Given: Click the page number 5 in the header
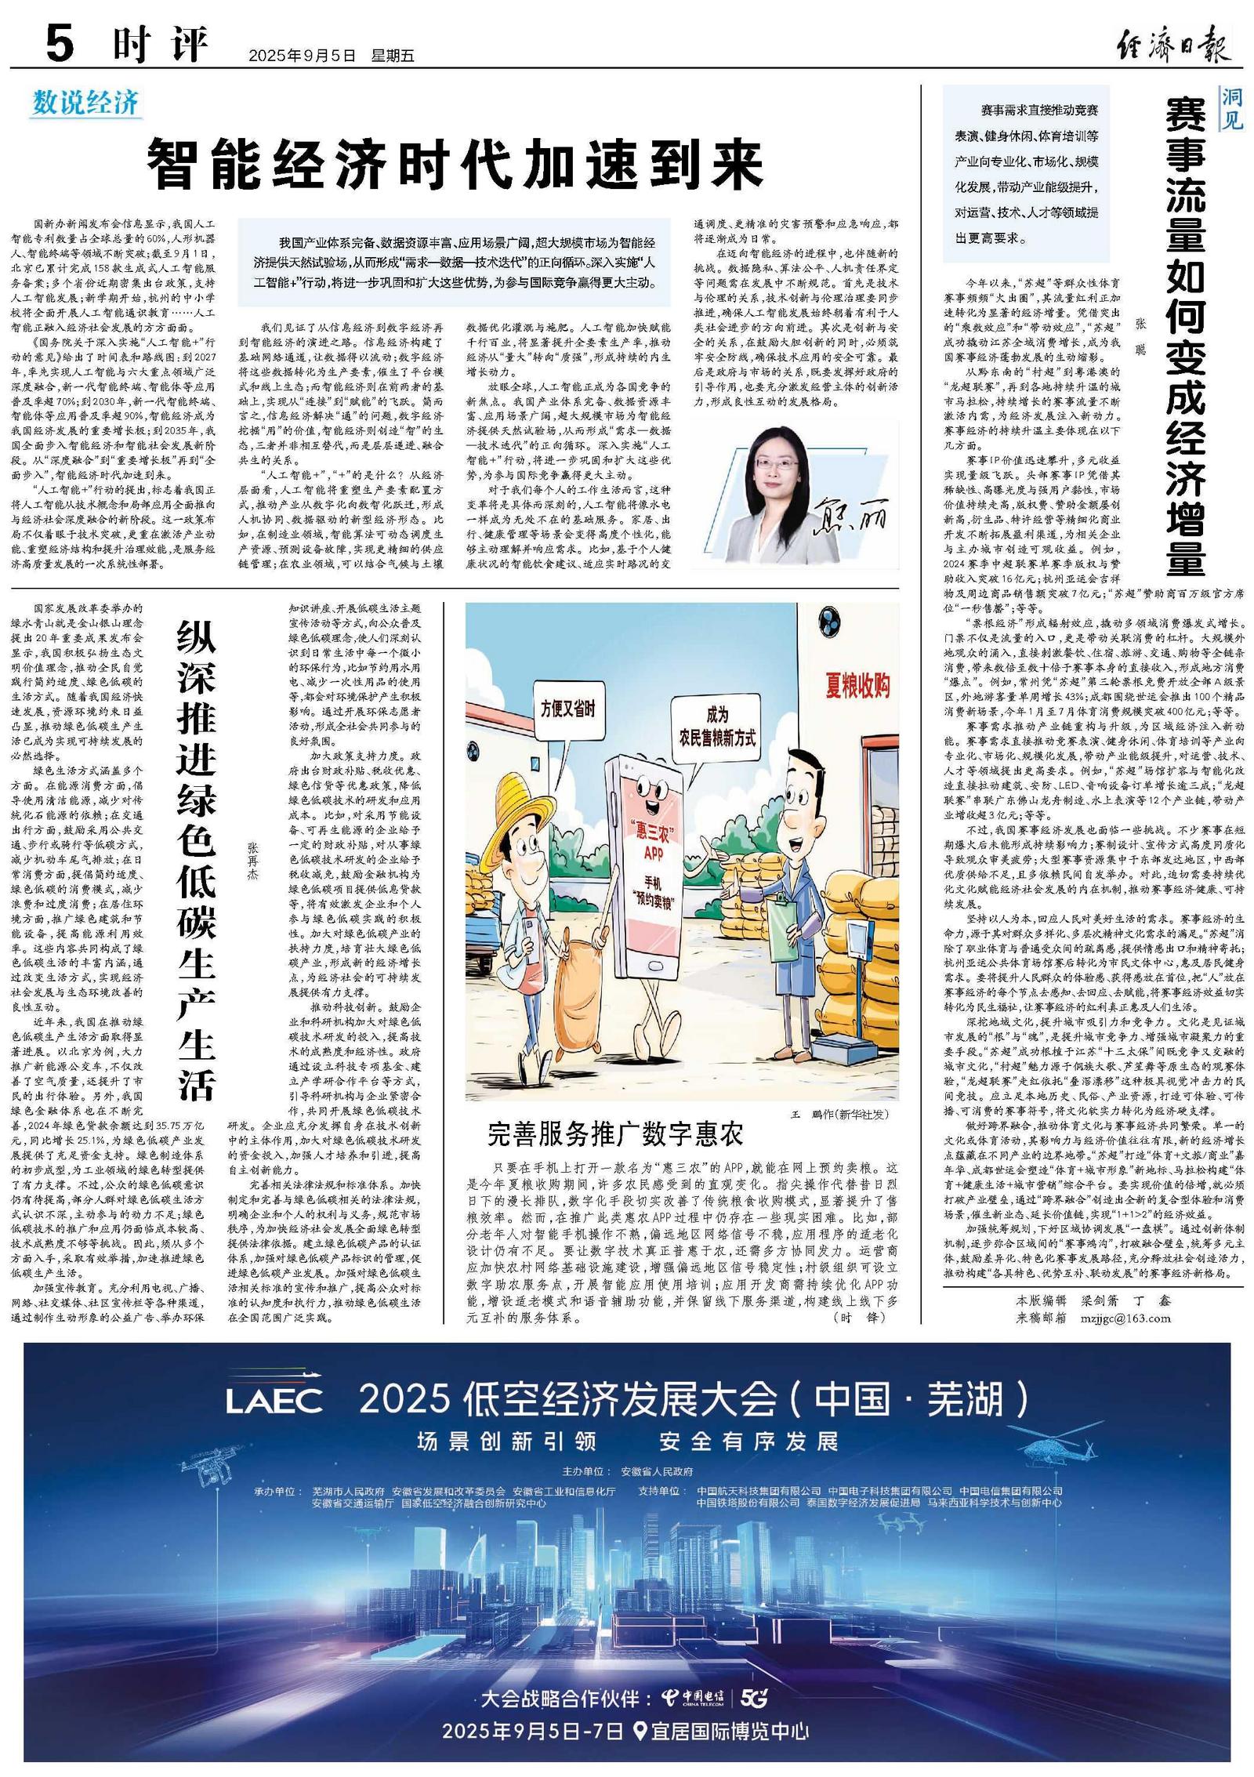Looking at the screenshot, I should (60, 45).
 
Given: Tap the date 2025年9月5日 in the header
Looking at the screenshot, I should (302, 56).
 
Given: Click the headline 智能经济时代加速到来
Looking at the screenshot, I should (455, 163).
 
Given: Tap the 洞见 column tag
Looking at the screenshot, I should (1231, 109).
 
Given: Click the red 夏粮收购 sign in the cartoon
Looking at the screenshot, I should (857, 686).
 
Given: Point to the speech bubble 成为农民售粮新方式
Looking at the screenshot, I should (716, 726).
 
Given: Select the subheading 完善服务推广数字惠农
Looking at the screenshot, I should (614, 1133).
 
